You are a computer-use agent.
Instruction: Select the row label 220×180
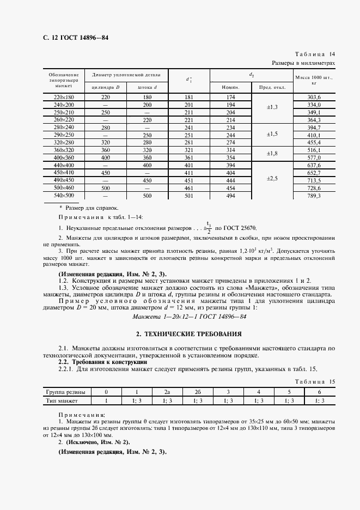(x=63, y=97)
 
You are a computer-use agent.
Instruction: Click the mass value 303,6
(x=314, y=97)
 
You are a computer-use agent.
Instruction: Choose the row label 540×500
(x=63, y=195)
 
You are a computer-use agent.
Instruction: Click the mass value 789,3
(x=314, y=195)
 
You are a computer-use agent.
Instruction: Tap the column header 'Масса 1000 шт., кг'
(x=314, y=81)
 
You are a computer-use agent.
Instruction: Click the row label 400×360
(x=63, y=157)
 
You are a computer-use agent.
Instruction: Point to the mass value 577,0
(x=314, y=157)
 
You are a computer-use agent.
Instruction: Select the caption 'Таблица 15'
(x=314, y=382)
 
